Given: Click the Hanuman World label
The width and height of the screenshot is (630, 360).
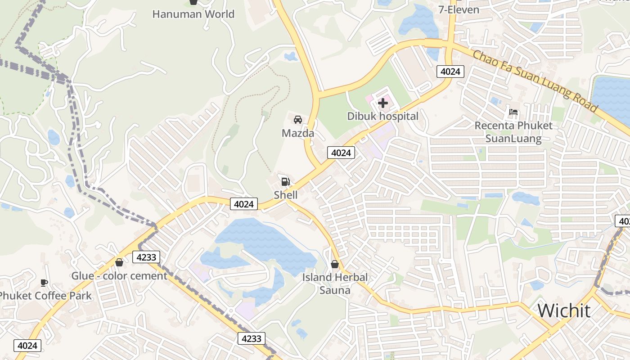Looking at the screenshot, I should (193, 14).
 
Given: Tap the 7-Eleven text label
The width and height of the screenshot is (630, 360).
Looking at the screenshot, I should (459, 9).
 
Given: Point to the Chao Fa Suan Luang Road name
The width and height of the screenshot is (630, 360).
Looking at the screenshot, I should (535, 81).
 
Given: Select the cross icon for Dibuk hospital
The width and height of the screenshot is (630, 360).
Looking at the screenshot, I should (383, 103).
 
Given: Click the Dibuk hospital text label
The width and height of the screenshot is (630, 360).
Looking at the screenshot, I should (383, 116).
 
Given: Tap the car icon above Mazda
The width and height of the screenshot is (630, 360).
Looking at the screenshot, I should (297, 120).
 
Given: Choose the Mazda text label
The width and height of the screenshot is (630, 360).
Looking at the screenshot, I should (297, 133).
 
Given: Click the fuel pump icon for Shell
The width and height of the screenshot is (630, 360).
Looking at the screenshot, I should (285, 182).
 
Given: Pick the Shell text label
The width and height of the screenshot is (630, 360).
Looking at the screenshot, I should (286, 195).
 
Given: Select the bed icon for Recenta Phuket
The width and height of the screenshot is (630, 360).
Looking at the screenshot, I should (513, 112).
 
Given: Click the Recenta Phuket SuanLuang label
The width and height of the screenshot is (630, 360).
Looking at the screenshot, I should (513, 132).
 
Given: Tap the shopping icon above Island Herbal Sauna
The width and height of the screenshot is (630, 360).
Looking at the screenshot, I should (335, 264).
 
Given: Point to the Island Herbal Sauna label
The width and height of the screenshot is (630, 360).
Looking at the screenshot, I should (335, 283).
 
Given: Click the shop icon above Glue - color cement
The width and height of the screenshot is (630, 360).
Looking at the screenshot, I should (119, 262).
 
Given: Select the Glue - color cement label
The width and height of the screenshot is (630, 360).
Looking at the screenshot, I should (119, 275).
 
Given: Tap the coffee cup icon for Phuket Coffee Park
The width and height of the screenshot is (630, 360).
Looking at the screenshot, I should (44, 283).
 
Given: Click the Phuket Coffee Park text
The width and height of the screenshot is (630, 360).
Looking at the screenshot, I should (45, 296).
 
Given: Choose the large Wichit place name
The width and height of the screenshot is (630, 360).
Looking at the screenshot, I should (564, 310).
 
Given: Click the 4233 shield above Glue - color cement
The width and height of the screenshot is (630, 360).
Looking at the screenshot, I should (146, 257).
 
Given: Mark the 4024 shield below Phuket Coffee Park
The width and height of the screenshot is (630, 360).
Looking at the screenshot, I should (28, 346).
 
